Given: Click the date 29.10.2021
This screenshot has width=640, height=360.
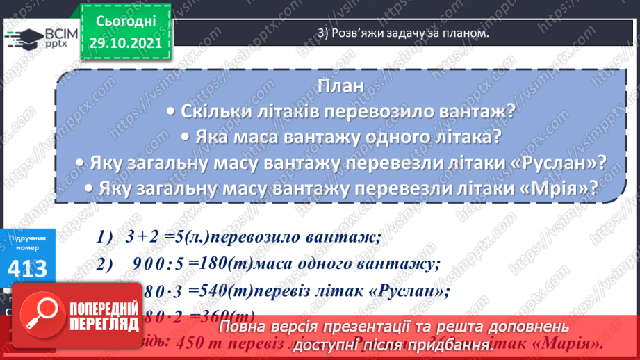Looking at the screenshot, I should pos(125,42).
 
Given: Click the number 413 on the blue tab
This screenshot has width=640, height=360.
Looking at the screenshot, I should pos(28,268).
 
